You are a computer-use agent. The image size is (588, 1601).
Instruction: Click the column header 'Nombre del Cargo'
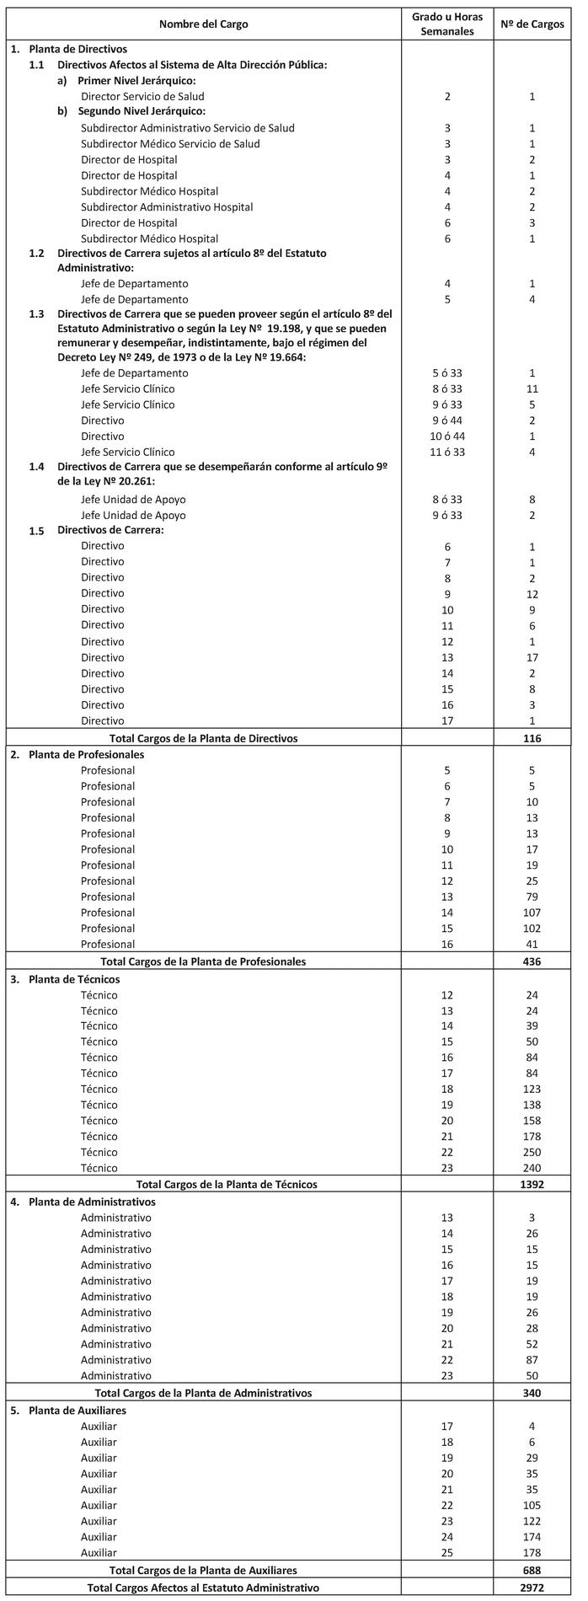(204, 24)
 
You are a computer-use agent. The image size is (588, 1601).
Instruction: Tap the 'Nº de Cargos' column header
(532, 24)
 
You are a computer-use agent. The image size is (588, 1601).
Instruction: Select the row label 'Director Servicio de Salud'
(142, 97)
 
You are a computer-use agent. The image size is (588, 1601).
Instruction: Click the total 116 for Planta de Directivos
(532, 738)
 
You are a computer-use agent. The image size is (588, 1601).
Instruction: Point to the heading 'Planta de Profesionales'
(86, 754)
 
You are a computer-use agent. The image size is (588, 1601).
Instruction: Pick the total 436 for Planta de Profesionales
(532, 961)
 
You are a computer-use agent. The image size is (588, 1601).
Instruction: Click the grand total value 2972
(532, 1588)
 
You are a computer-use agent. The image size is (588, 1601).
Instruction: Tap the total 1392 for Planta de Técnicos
(532, 1184)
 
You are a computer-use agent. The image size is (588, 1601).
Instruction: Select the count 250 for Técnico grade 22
(532, 1152)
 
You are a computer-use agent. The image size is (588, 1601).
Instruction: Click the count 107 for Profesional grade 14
(532, 913)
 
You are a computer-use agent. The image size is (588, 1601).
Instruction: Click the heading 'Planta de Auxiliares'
(80, 1410)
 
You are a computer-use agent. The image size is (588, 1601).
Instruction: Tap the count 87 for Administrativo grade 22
(532, 1360)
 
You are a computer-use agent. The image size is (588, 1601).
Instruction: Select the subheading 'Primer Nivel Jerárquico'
(136, 81)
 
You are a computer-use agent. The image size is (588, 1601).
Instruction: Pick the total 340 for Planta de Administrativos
(532, 1393)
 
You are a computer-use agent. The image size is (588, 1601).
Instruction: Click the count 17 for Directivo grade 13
(532, 657)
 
